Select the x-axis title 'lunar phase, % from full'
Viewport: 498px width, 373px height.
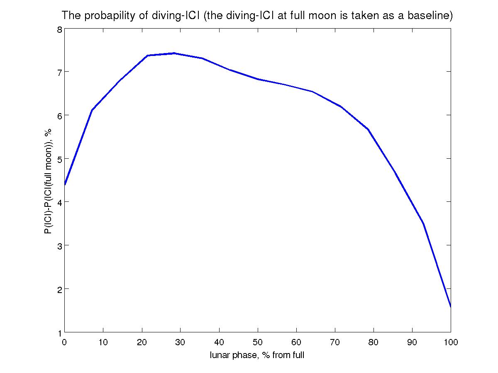pyautogui.click(x=257, y=355)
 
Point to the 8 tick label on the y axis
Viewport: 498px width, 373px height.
pyautogui.click(x=59, y=29)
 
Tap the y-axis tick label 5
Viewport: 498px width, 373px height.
pyautogui.click(x=59, y=159)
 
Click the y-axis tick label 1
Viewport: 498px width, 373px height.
pyautogui.click(x=59, y=332)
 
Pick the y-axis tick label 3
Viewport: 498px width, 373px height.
pyautogui.click(x=59, y=245)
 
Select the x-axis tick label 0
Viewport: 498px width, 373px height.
pyautogui.click(x=64, y=342)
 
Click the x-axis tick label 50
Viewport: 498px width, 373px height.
pyautogui.click(x=258, y=342)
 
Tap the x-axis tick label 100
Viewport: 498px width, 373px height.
pyautogui.click(x=451, y=342)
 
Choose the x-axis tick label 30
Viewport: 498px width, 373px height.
pyautogui.click(x=180, y=342)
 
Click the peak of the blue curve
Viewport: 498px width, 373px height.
pyautogui.click(x=174, y=53)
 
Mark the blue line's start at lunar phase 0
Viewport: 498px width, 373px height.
pyautogui.click(x=65, y=185)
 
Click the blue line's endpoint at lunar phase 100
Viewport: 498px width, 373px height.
pyautogui.click(x=451, y=307)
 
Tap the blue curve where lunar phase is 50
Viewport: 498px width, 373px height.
pyautogui.click(x=258, y=79)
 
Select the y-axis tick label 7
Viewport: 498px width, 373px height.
pyautogui.click(x=59, y=72)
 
